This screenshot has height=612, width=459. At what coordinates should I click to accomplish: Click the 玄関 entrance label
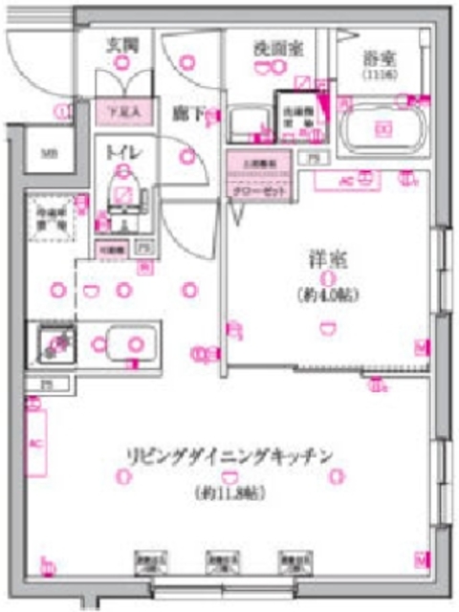pyautogui.click(x=121, y=44)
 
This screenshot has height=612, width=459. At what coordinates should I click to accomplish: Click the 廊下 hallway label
pyautogui.click(x=186, y=113)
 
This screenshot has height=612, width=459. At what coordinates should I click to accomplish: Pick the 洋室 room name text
pyautogui.click(x=326, y=259)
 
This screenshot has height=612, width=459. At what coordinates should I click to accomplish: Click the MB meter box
pyautogui.click(x=46, y=153)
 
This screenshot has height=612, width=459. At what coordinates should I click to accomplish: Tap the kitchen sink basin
pyautogui.click(x=131, y=342)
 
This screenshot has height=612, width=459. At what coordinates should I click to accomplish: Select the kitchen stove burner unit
pyautogui.click(x=55, y=343)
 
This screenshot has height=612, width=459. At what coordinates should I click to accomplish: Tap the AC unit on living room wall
pyautogui.click(x=35, y=444)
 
